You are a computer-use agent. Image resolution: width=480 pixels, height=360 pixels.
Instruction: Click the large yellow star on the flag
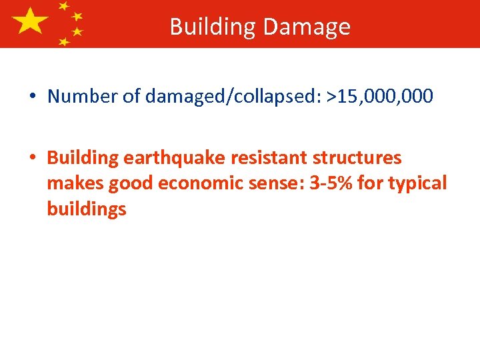pos(30,21)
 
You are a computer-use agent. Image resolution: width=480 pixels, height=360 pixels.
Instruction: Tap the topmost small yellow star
pos(64,5)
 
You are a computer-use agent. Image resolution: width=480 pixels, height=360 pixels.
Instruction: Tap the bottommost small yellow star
pos(64,41)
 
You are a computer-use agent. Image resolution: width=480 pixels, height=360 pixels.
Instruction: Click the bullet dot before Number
pos(32,97)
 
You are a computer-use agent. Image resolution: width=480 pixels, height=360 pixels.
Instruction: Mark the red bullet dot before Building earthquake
pos(32,159)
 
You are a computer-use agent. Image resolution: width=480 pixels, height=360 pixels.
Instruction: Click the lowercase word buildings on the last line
pos(87,209)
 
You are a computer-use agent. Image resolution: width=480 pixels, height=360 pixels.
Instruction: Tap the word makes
pos(74,183)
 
